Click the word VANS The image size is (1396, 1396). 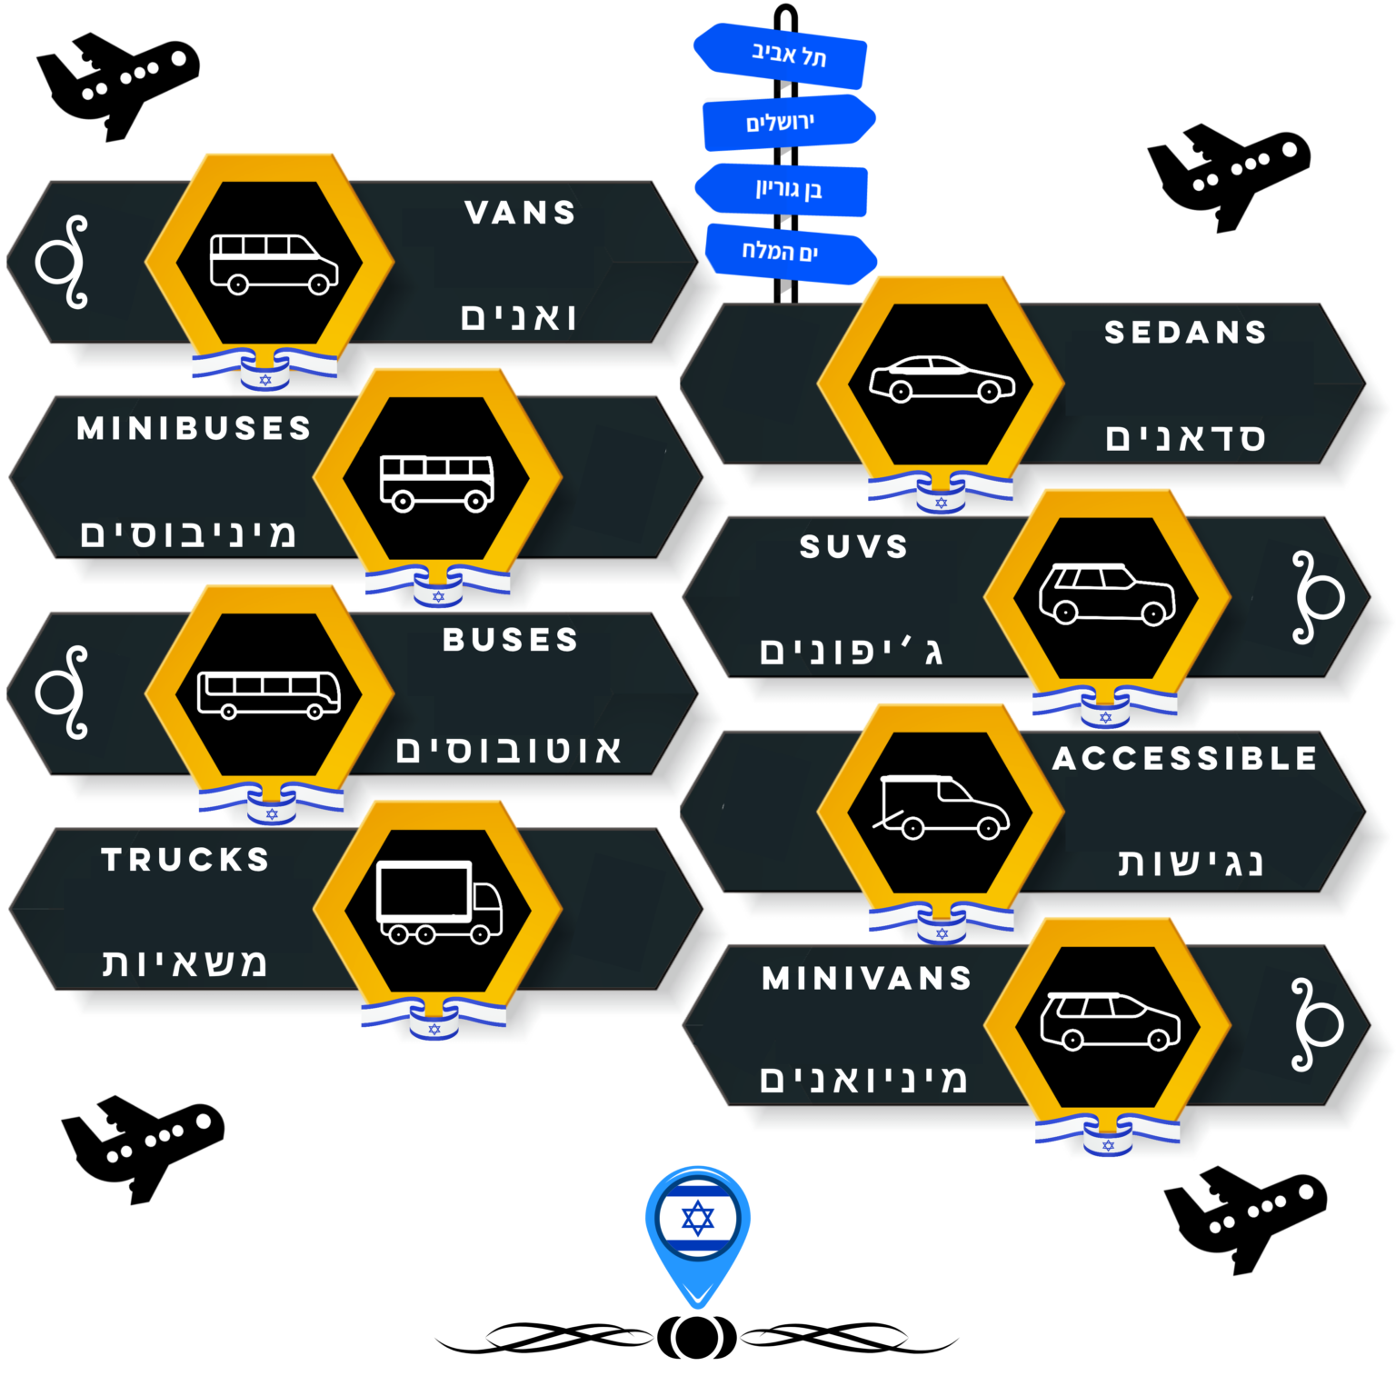[521, 213]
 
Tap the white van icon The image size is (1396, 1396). [273, 264]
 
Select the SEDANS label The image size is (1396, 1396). [1185, 333]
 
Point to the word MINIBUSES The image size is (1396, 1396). [194, 428]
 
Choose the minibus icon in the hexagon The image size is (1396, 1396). [437, 483]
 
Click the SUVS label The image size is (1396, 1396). [853, 546]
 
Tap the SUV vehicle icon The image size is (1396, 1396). [1107, 594]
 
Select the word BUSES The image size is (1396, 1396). [510, 640]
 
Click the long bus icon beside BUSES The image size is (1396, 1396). [269, 694]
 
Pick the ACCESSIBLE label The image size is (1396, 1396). [1184, 758]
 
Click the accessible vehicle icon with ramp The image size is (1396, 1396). [941, 807]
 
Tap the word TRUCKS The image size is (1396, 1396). [185, 859]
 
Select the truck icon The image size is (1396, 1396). [439, 902]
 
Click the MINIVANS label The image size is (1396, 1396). [867, 978]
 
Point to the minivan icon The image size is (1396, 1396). [1110, 1022]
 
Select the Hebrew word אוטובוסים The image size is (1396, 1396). [509, 751]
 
